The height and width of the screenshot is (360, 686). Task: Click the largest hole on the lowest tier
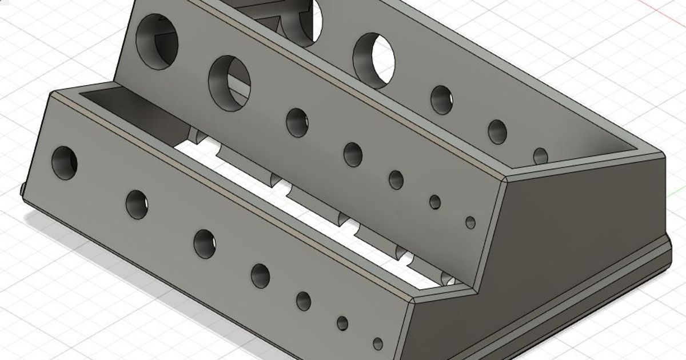point(65,162)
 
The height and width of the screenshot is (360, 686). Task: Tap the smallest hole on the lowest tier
point(377,344)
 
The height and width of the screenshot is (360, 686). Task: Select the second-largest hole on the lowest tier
point(137,204)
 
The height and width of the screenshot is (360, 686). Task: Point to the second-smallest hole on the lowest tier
point(342,323)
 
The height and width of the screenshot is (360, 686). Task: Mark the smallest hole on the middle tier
point(470,222)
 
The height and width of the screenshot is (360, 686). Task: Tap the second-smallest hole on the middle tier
point(435,202)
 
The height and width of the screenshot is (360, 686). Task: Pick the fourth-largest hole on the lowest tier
point(260,275)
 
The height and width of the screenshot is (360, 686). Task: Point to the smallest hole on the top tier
point(540,155)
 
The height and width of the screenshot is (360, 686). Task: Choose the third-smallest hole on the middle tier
point(396,179)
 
